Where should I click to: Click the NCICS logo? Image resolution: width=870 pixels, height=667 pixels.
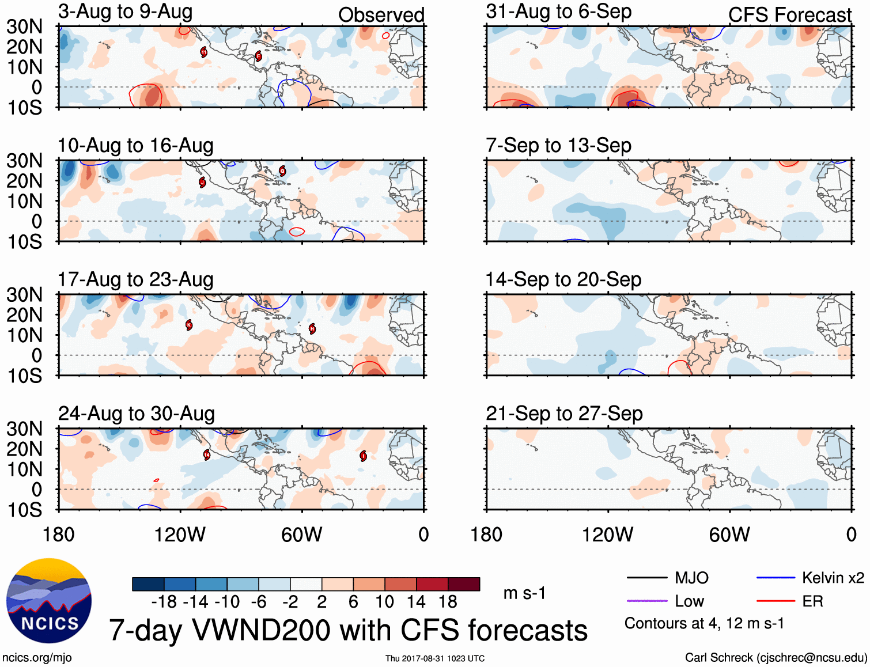click(49, 601)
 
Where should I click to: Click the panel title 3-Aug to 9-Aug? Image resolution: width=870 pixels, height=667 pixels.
click(125, 12)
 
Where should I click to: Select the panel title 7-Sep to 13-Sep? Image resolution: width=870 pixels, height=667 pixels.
click(558, 145)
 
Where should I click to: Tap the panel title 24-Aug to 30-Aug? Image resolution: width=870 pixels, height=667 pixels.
click(137, 414)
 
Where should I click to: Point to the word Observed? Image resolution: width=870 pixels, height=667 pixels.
click(381, 15)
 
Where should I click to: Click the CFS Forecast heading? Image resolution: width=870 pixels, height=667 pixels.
click(789, 15)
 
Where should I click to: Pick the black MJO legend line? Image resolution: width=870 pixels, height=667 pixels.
click(647, 578)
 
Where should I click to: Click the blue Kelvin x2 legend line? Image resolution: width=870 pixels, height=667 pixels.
click(776, 578)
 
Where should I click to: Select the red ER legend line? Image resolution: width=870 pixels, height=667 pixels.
click(776, 601)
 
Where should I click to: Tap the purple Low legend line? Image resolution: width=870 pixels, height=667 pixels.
click(647, 601)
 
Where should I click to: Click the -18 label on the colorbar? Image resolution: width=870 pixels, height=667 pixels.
click(164, 602)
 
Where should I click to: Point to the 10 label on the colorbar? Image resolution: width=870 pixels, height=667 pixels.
click(384, 602)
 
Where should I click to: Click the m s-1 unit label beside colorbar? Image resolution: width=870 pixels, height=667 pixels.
click(524, 593)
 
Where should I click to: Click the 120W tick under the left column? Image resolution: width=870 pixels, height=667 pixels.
click(180, 535)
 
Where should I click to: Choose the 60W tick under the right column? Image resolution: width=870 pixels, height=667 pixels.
click(729, 535)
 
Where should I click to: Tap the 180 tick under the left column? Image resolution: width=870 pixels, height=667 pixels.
click(59, 535)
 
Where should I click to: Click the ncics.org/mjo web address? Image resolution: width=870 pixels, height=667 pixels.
click(37, 658)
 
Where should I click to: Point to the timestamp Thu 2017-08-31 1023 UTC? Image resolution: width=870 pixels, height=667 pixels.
click(435, 658)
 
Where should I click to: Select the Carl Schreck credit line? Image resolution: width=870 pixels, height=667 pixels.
click(776, 658)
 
